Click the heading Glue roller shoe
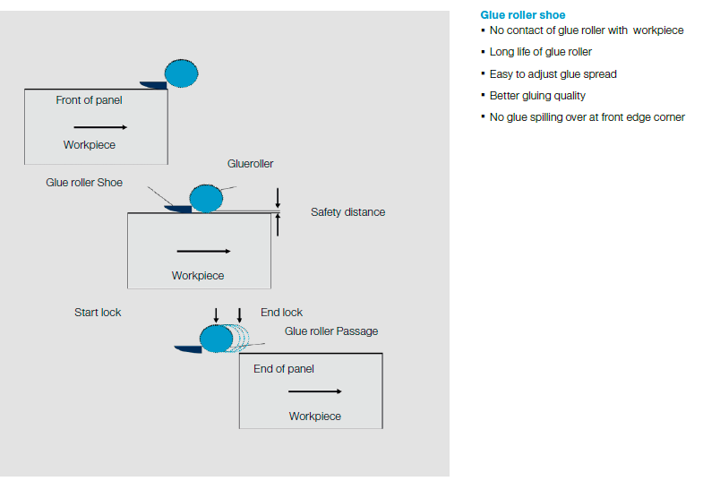523,15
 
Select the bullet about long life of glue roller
541,52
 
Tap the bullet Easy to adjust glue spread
553,73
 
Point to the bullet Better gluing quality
537,95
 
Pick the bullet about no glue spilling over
587,117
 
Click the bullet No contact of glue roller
587,30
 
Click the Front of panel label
89,100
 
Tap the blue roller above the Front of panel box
182,72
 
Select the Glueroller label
250,164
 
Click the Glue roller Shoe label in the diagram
84,183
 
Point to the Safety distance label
347,212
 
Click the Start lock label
98,313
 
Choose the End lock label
281,313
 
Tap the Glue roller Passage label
331,331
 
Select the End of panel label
284,369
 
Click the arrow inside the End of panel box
315,391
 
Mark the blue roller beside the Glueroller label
206,198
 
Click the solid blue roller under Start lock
216,339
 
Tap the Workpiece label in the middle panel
198,276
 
